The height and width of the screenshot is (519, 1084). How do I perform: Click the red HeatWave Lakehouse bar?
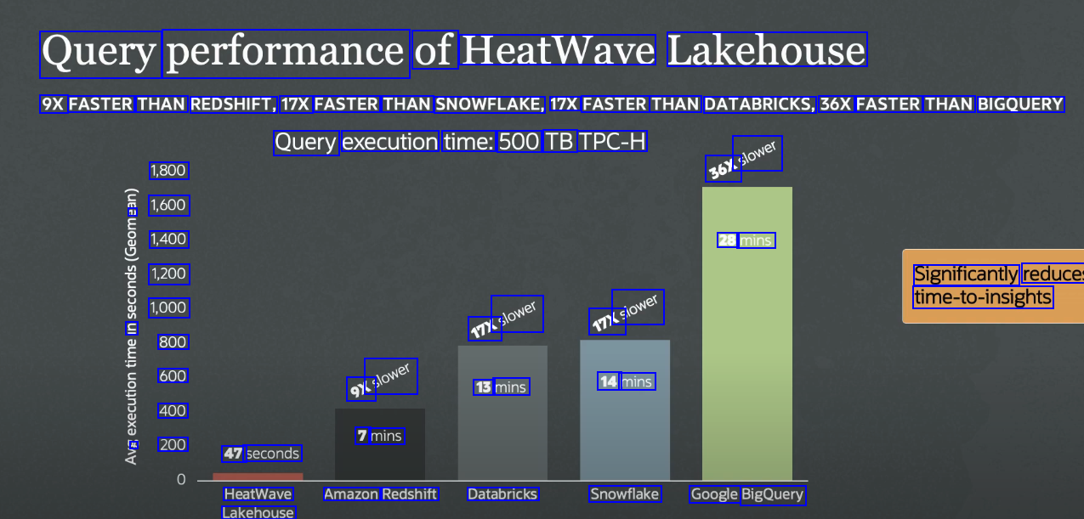pos(258,476)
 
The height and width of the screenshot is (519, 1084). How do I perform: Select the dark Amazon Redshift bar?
pos(379,459)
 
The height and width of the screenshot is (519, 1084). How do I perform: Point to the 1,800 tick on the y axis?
pos(168,171)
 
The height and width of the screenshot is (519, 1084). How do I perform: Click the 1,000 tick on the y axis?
pos(168,307)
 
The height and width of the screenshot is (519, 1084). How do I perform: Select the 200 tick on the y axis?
pos(173,444)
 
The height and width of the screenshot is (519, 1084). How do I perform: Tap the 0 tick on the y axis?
pos(180,480)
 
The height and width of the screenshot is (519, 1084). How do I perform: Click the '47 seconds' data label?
pos(261,454)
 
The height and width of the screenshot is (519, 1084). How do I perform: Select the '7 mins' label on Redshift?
pos(379,436)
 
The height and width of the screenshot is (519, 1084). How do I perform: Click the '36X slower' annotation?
pos(744,159)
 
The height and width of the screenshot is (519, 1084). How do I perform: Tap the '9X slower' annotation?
pos(382,380)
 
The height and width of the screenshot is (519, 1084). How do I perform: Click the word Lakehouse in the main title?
pos(766,51)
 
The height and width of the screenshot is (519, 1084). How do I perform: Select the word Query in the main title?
pos(99,52)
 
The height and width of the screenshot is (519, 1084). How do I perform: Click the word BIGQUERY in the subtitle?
pos(1020,104)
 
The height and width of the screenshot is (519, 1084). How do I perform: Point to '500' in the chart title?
pos(519,141)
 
